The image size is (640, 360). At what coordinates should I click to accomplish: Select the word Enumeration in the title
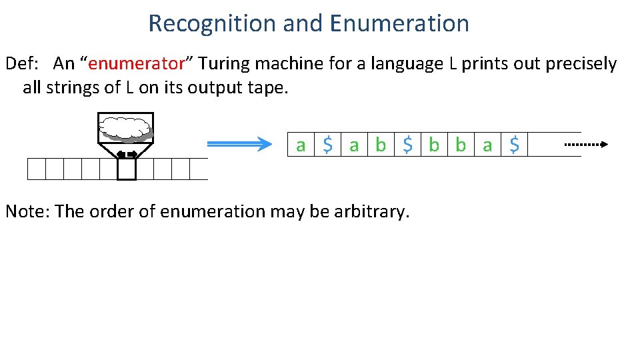pyautogui.click(x=399, y=23)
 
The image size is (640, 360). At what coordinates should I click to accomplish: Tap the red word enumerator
pyautogui.click(x=136, y=64)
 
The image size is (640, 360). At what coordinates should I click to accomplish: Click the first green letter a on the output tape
pyautogui.click(x=301, y=145)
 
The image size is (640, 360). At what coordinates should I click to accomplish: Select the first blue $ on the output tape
pyautogui.click(x=327, y=145)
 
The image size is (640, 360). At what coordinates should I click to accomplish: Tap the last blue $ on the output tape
pyautogui.click(x=514, y=145)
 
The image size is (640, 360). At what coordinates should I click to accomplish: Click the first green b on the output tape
pyautogui.click(x=381, y=145)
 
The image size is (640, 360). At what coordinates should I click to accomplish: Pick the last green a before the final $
pyautogui.click(x=487, y=145)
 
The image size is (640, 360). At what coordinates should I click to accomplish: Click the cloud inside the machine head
pyautogui.click(x=125, y=127)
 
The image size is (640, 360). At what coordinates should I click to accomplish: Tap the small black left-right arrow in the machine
pyautogui.click(x=126, y=155)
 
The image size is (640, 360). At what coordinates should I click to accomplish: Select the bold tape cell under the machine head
pyautogui.click(x=126, y=170)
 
